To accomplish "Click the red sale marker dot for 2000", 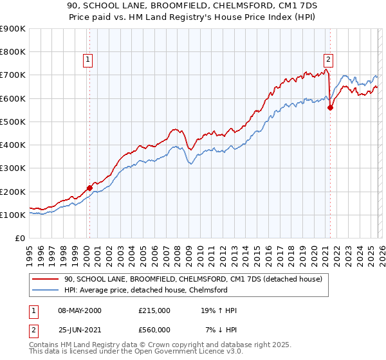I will coord(89,188).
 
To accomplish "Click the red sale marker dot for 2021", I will coord(330,108).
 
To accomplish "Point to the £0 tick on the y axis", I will coord(21,238).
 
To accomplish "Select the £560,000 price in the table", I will coord(154,330).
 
